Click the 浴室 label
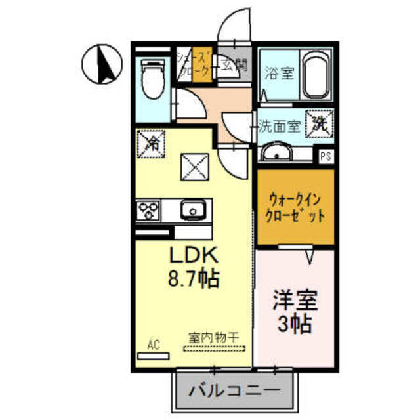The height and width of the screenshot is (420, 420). tap(279, 73)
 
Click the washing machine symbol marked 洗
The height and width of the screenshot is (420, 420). tap(320, 122)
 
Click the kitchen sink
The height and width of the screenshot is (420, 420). tap(194, 211)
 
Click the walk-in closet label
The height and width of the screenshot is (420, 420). tap(295, 206)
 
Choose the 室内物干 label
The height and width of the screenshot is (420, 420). tap(213, 339)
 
